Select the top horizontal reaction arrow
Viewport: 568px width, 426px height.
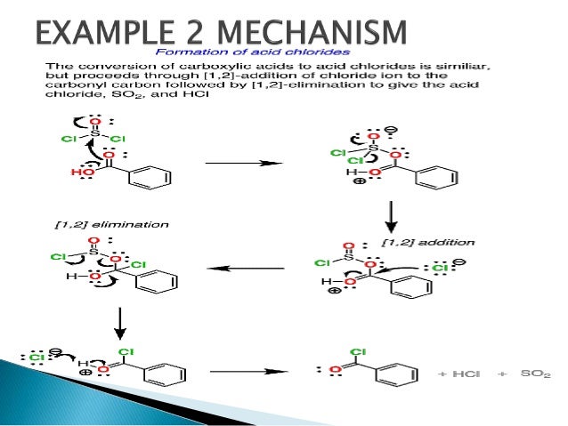[243, 163]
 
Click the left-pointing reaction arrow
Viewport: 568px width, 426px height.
[245, 268]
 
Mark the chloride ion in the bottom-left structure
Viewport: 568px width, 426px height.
[37, 358]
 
